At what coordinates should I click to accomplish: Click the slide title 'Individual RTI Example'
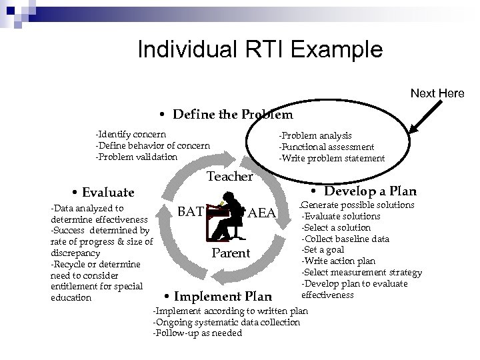coord(259,49)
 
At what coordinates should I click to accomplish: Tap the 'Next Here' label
coord(437,93)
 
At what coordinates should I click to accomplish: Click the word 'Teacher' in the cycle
coord(230,177)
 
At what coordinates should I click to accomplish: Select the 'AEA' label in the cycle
coord(261,213)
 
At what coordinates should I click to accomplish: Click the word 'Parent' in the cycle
coord(231,253)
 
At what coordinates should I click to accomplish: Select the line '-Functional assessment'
coord(326,147)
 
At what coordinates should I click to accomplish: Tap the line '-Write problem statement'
coord(331,158)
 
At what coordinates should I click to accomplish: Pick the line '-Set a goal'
coord(325,250)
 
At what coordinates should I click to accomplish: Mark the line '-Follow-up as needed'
coord(197,333)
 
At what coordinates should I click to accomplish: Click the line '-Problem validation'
coord(136,157)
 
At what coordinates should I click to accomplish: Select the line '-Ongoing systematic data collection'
coord(227,322)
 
